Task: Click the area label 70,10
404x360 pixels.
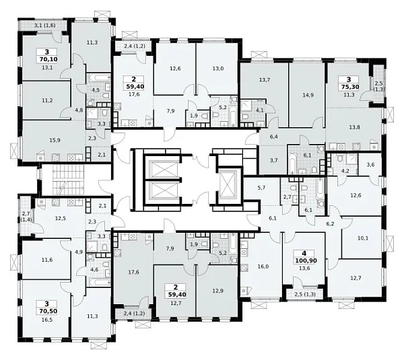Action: (x=48, y=59)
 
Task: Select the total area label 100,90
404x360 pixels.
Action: (x=306, y=260)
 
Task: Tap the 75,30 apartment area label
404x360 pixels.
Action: (x=350, y=87)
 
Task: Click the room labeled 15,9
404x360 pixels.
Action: (x=55, y=141)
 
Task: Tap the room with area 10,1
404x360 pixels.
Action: (x=362, y=238)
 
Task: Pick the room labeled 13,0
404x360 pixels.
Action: (x=218, y=69)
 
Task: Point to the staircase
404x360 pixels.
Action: (x=68, y=180)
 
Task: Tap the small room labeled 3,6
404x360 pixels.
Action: (x=370, y=165)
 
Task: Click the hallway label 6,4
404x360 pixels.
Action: (x=273, y=137)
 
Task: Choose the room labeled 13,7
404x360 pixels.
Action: (x=265, y=80)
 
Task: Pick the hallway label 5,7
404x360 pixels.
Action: (x=261, y=188)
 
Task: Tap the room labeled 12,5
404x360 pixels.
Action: (x=61, y=219)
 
